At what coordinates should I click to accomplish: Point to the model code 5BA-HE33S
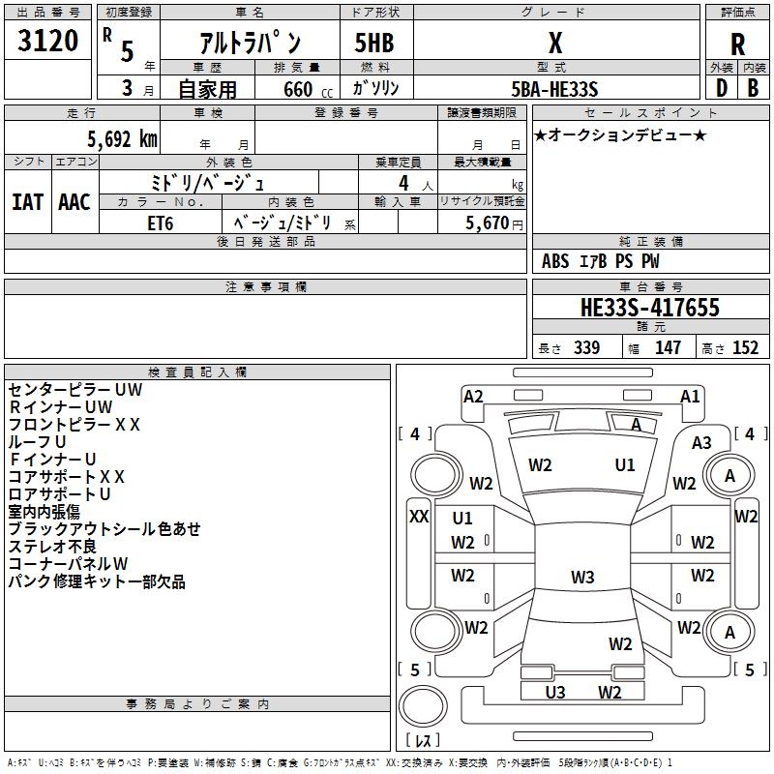pyautogui.click(x=555, y=88)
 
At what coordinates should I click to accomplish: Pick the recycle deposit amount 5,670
pyautogui.click(x=489, y=223)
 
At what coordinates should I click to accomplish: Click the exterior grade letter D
pyautogui.click(x=721, y=88)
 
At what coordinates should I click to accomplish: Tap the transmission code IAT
pyautogui.click(x=28, y=202)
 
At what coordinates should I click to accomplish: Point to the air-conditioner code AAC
pyautogui.click(x=74, y=202)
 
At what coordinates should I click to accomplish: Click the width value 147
pyautogui.click(x=668, y=348)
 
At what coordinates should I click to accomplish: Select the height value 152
pyautogui.click(x=745, y=348)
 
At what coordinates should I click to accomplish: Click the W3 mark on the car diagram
pyautogui.click(x=581, y=578)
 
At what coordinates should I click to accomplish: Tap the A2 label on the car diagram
pyautogui.click(x=473, y=396)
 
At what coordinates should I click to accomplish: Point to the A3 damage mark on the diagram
pyautogui.click(x=701, y=443)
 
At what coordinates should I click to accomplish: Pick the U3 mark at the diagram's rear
pyautogui.click(x=555, y=692)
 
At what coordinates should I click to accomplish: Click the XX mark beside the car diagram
pyautogui.click(x=419, y=516)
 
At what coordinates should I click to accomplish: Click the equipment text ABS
pyautogui.click(x=555, y=261)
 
